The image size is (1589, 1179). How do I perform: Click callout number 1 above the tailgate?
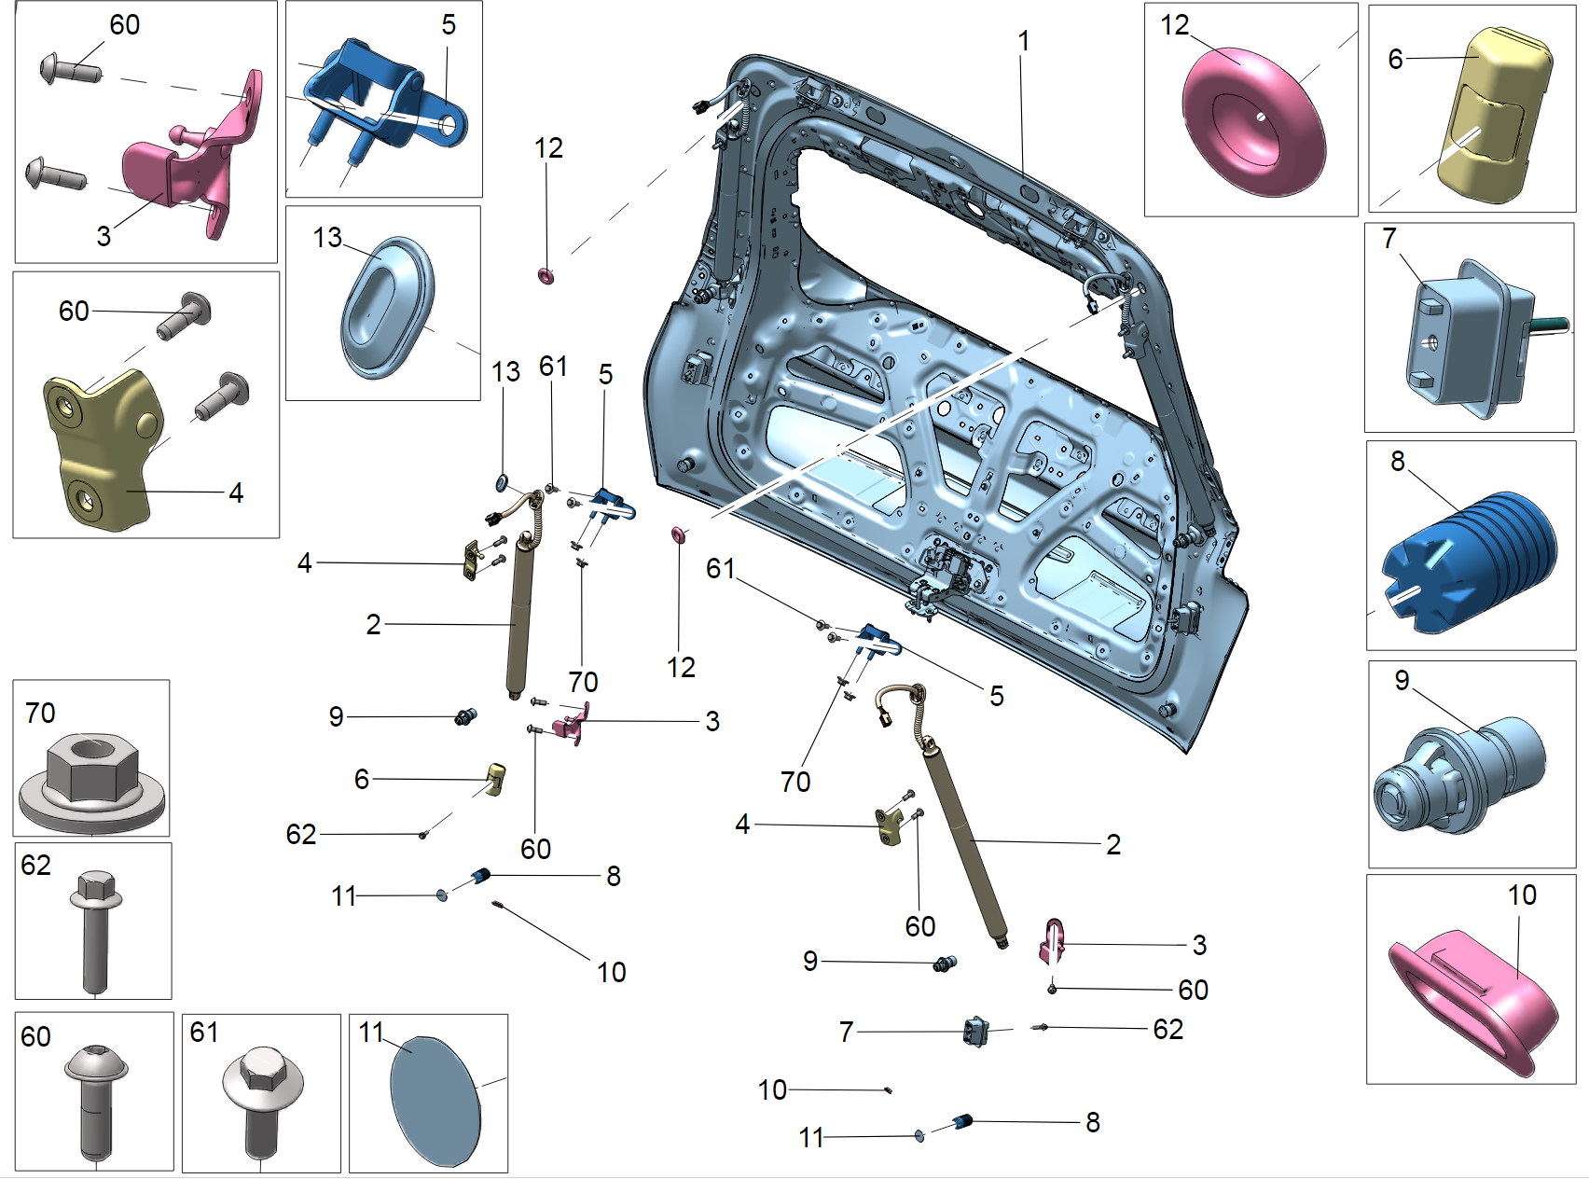click(x=1023, y=42)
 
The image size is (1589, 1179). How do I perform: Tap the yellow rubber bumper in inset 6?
click(x=1492, y=117)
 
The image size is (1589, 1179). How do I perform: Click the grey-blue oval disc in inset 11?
click(x=435, y=1101)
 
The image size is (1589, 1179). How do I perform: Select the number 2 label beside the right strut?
click(x=1113, y=845)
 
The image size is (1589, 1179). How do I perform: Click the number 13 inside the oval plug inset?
click(x=327, y=238)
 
